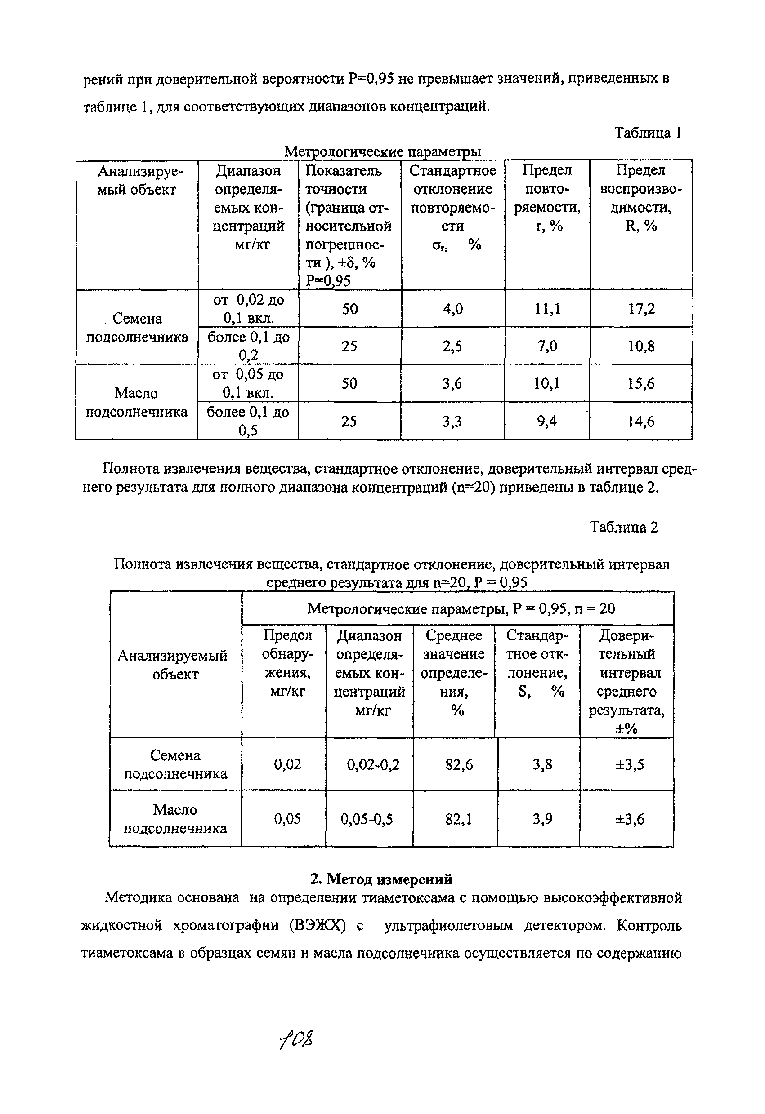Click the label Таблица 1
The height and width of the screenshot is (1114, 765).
coord(648,133)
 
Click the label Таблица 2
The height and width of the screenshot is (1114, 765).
coord(623,527)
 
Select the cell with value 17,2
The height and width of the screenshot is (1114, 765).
coord(641,309)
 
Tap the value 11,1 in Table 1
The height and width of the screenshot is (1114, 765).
coord(547,309)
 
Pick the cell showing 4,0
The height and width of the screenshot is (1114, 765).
coord(453,309)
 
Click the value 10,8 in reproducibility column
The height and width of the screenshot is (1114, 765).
coord(641,346)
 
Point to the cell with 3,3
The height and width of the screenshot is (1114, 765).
coord(452,422)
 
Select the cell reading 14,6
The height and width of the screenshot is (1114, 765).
coord(641,422)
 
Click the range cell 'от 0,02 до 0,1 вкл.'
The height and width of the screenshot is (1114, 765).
coord(248,309)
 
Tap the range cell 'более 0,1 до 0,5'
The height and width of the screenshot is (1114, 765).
coord(248,422)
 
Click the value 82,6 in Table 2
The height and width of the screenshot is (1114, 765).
coord(459,764)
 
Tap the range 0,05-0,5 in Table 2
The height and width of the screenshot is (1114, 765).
coord(367,819)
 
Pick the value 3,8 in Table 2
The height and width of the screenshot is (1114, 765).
coord(542,764)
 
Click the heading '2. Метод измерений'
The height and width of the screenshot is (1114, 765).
coord(382,879)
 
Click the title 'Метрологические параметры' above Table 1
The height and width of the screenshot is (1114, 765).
coord(382,152)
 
